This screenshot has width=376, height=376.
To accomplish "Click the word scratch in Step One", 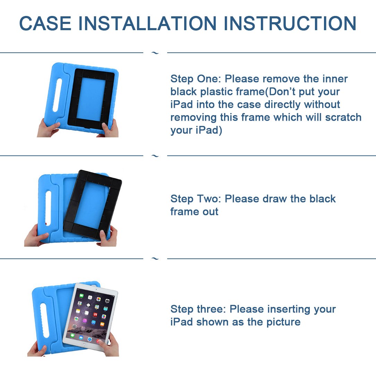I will (343, 118).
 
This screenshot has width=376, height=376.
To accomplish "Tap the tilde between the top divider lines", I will (155, 53).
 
